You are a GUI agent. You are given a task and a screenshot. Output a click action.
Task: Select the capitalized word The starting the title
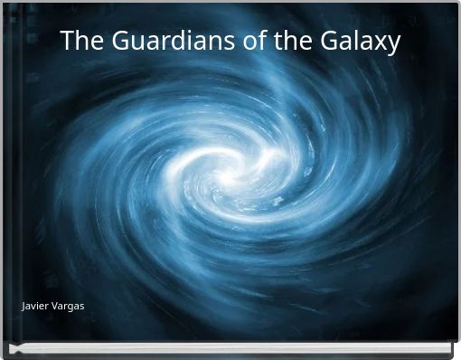78,42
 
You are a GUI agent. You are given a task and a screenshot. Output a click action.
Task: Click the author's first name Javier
35,308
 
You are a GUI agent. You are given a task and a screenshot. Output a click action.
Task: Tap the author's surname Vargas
69,308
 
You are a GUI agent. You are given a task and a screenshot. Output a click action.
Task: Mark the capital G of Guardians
113,42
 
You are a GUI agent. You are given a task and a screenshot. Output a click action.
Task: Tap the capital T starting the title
66,42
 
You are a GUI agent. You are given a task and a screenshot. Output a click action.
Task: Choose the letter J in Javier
24,308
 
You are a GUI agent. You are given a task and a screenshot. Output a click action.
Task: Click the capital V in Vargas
55,308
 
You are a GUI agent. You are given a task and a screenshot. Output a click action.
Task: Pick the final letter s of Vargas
82,308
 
